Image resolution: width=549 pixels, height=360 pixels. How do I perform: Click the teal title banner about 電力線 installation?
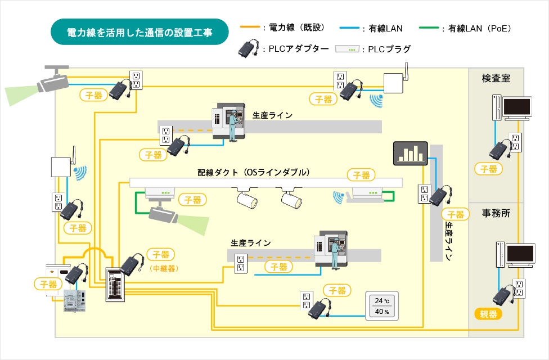tap(139, 32)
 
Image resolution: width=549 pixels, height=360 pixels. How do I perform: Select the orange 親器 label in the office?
tap(488, 314)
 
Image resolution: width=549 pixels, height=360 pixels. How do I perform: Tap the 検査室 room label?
tap(496, 78)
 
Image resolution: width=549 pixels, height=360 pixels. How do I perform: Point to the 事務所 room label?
tap(496, 213)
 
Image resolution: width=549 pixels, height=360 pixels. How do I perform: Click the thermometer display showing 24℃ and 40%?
tap(382, 306)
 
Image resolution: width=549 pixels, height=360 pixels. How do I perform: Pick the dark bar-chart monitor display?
tap(411, 154)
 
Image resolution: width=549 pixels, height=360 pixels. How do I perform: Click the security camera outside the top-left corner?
tap(52, 80)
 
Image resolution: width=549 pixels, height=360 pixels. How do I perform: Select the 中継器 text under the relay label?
tap(164, 268)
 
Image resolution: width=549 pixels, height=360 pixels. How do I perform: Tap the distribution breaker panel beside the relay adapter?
tap(115, 285)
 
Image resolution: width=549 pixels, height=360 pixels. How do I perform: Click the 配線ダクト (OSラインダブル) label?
tap(254, 172)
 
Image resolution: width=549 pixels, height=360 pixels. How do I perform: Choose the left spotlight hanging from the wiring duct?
tap(247, 199)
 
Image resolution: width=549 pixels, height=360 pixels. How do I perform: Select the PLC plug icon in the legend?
tap(347, 49)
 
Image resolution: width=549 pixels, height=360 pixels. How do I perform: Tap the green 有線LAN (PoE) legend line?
tap(429, 28)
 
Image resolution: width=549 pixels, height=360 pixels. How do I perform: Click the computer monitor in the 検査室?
tap(517, 108)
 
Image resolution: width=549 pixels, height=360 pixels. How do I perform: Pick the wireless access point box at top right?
tap(394, 83)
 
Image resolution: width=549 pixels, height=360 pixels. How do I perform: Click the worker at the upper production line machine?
tap(232, 125)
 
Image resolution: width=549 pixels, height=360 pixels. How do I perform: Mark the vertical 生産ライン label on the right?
tap(448, 241)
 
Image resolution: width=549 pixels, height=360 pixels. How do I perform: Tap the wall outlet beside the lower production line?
tap(241, 263)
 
